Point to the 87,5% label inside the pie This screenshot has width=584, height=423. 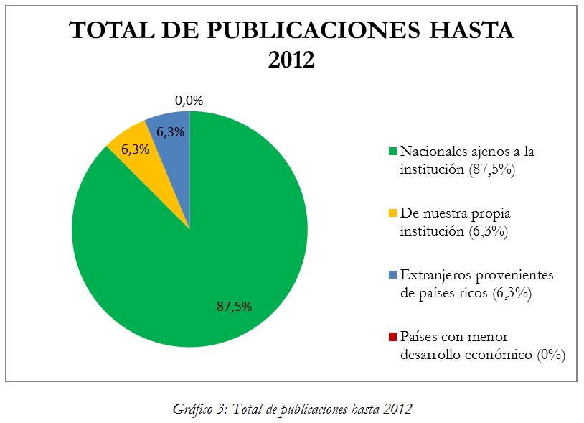pyautogui.click(x=234, y=306)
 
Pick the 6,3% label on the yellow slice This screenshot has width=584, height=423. pyautogui.click(x=135, y=150)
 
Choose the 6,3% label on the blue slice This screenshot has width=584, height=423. pyautogui.click(x=170, y=132)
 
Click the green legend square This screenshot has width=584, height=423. pyautogui.click(x=392, y=152)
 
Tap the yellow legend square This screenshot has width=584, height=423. pyautogui.click(x=392, y=214)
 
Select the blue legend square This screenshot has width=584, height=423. pyautogui.click(x=392, y=275)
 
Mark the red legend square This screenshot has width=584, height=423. pyautogui.click(x=392, y=337)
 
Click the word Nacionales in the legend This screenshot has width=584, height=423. pyautogui.click(x=432, y=152)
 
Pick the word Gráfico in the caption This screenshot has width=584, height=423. pyautogui.click(x=191, y=409)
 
